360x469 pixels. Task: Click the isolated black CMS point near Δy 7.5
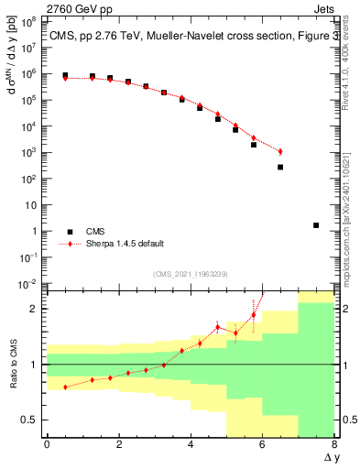point(316,224)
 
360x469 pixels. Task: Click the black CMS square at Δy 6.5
point(280,167)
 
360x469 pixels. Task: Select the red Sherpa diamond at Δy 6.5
point(280,151)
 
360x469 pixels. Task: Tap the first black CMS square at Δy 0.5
point(65,75)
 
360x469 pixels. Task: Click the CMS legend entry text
point(95,232)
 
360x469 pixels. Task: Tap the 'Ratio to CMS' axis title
point(12,365)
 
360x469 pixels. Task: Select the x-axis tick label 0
point(47,444)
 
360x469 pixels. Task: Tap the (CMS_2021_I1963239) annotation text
point(191,274)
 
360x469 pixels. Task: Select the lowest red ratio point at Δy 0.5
point(65,387)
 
